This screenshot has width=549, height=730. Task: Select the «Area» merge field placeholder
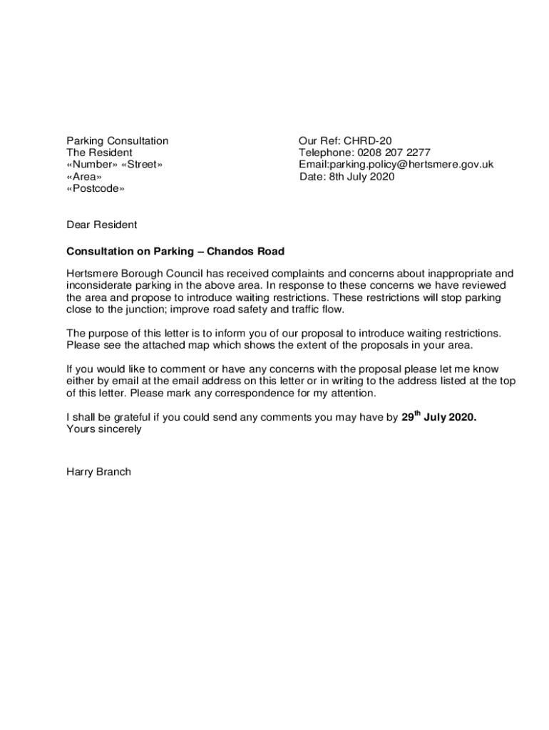coord(84,177)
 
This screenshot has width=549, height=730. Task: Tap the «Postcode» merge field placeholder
coord(96,189)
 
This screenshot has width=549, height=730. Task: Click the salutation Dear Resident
coord(101,225)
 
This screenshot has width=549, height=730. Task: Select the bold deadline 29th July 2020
coord(438,418)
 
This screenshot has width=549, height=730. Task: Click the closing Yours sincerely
coord(104,429)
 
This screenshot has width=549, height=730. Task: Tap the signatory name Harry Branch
coord(98,471)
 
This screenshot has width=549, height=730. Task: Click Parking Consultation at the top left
coord(118,141)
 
